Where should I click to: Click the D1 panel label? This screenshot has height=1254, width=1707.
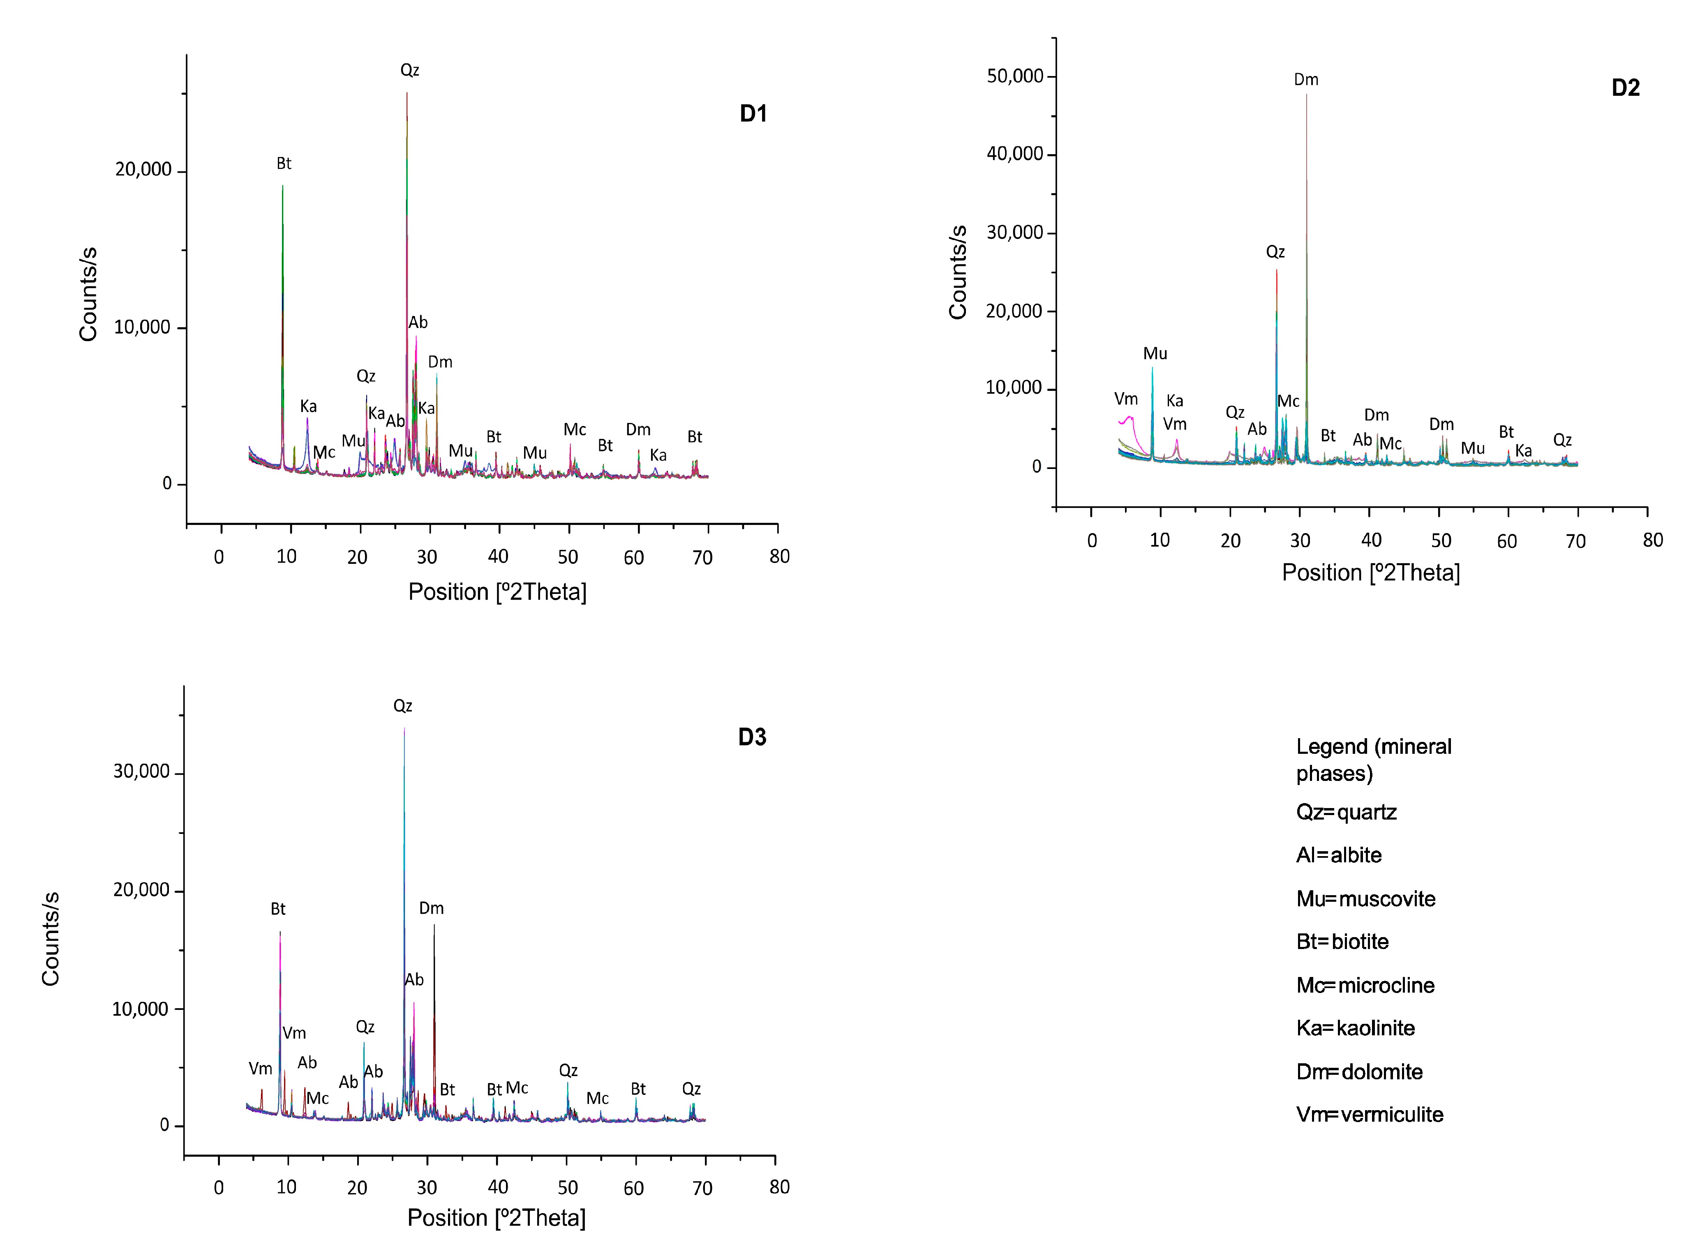click(753, 114)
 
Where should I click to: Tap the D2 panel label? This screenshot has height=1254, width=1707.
click(1625, 88)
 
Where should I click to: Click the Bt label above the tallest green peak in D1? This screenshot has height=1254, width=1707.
click(284, 164)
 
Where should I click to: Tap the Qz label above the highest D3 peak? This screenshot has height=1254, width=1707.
click(402, 706)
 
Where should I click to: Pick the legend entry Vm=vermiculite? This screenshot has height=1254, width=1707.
click(1369, 1114)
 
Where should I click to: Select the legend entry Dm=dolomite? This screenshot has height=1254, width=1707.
click(1358, 1072)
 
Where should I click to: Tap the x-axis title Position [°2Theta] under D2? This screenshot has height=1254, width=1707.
click(1371, 573)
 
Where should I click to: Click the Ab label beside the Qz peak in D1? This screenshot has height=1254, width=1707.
click(418, 323)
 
